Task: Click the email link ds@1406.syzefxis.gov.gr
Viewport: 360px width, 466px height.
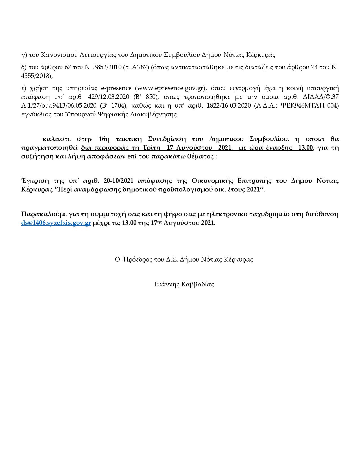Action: tap(56, 223)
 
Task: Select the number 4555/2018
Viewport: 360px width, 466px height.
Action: tap(37, 76)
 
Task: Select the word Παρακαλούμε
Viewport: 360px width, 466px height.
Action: tap(42, 214)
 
